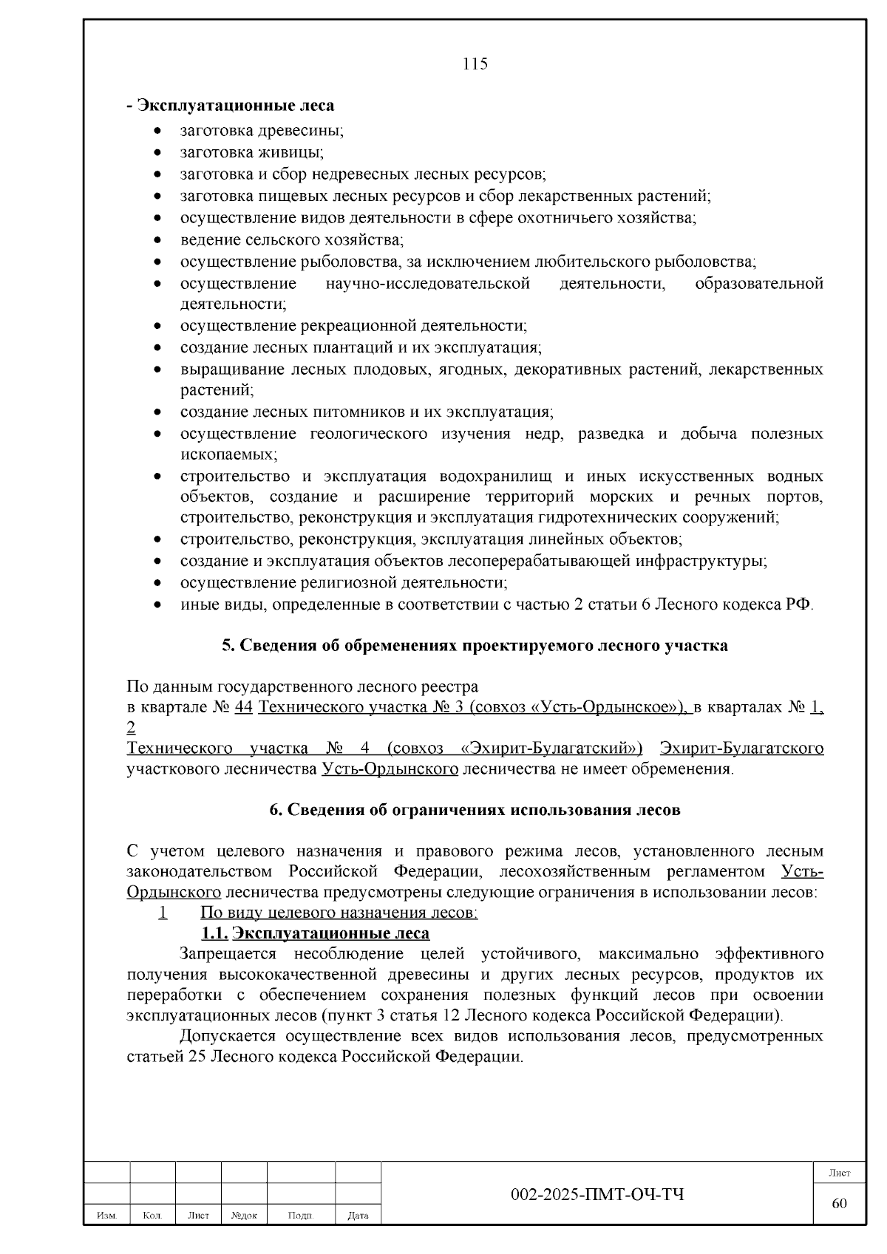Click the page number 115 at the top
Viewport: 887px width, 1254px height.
(x=475, y=64)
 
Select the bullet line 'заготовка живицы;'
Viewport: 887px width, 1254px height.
(x=251, y=152)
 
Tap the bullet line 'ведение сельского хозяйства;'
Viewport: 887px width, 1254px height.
(x=291, y=239)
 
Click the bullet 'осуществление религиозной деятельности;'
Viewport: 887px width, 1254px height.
(x=343, y=582)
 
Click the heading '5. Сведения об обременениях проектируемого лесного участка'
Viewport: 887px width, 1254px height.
(x=475, y=645)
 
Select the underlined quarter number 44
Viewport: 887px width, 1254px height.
(x=243, y=707)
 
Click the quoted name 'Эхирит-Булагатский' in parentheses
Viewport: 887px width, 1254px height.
(x=551, y=749)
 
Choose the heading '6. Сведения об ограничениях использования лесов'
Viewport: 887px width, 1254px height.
(x=475, y=809)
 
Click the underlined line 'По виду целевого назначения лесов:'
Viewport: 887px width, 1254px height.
(x=339, y=913)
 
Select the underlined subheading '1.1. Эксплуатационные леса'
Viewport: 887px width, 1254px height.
(x=316, y=933)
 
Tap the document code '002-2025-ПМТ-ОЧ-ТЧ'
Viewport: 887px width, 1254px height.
(x=597, y=1195)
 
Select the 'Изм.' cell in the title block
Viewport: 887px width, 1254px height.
(x=107, y=1215)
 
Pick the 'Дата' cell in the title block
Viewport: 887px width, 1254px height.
(x=358, y=1215)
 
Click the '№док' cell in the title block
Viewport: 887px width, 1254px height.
(x=244, y=1215)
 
